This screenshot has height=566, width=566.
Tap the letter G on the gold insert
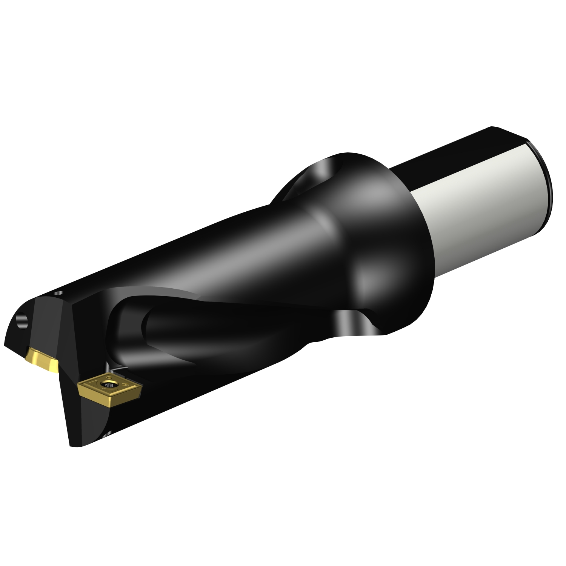tap(109, 378)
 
